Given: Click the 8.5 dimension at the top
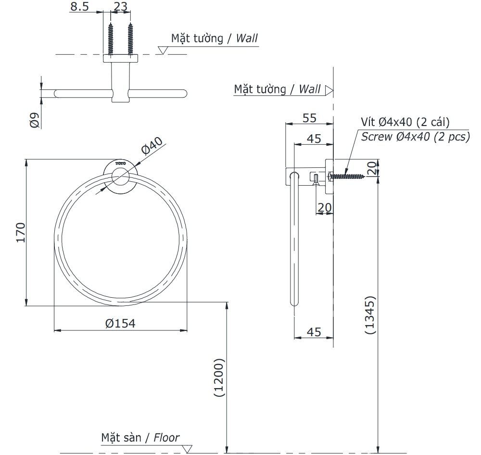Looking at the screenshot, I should point(80,7).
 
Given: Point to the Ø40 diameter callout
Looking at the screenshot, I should point(153,146).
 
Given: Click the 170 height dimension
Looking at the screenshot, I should point(21,232).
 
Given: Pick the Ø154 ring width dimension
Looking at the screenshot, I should point(120,323).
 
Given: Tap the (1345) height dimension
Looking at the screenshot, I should point(370,315).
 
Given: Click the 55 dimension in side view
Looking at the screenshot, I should point(309,118).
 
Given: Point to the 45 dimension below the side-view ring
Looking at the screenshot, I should point(314,332).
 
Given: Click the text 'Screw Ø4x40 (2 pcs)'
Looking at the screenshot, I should point(416,137).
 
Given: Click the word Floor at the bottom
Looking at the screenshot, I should point(166,438).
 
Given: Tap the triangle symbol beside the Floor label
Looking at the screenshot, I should point(188,449).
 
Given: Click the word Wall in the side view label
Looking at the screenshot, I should point(310,89).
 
